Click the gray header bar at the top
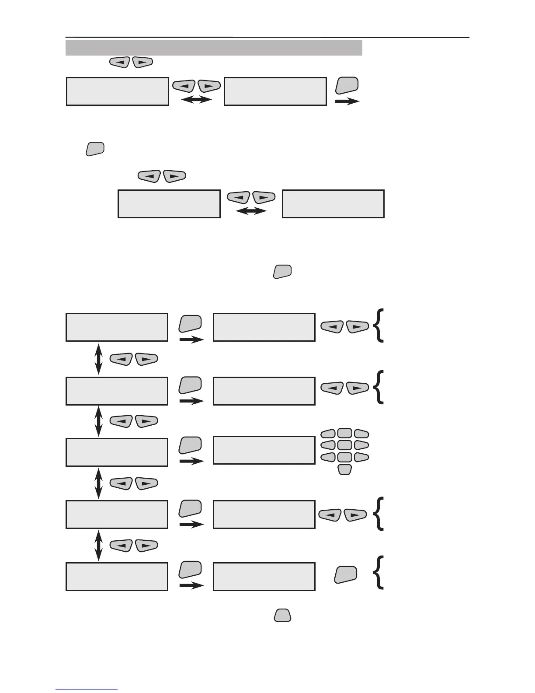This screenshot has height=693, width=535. pyautogui.click(x=214, y=48)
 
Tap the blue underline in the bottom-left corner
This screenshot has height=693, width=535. pyautogui.click(x=87, y=689)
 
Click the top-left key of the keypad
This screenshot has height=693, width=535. pyautogui.click(x=328, y=434)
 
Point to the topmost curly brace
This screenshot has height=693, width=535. pyautogui.click(x=379, y=325)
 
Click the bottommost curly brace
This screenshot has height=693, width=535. pyautogui.click(x=379, y=572)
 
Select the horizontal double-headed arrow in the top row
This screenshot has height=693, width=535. pyautogui.click(x=196, y=100)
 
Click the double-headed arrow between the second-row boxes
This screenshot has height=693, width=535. pyautogui.click(x=251, y=211)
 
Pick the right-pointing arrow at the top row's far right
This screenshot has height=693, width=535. pyautogui.click(x=347, y=101)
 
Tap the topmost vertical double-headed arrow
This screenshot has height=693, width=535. pyautogui.click(x=99, y=358)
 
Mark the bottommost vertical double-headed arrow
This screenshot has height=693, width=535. pyautogui.click(x=99, y=545)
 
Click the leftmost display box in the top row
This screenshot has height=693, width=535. pyautogui.click(x=117, y=91)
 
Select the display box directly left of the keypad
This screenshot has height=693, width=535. pyautogui.click(x=264, y=450)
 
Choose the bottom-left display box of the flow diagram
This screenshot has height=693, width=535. pyautogui.click(x=117, y=577)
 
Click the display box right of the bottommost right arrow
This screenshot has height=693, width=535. pyautogui.click(x=264, y=577)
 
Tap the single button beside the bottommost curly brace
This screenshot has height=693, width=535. pyautogui.click(x=345, y=574)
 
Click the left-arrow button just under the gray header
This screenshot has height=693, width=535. pyautogui.click(x=119, y=63)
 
